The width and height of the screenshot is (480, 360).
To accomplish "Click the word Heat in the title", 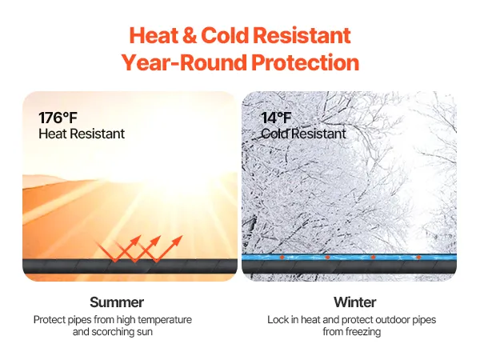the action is (x=154, y=35).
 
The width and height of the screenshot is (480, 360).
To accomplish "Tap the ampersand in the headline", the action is (x=190, y=35).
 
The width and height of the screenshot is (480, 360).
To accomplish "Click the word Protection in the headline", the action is (x=305, y=62).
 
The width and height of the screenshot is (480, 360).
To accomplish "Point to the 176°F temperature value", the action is (x=58, y=118).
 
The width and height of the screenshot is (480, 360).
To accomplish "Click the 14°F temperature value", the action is (x=276, y=118).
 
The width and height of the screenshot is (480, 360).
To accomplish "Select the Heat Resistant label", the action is (x=82, y=134).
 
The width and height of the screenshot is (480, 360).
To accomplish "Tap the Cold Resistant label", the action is (x=303, y=134).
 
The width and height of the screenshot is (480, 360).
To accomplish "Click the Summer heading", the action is (x=117, y=302).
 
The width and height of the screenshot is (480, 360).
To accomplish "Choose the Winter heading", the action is (x=354, y=302).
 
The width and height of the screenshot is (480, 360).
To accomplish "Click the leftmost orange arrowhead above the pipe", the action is (x=136, y=239).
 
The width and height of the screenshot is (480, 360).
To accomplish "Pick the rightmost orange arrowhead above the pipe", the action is (x=178, y=240).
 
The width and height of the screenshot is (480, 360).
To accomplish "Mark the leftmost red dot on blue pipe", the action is (x=282, y=257).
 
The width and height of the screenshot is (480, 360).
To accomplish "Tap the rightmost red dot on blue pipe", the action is (x=418, y=257).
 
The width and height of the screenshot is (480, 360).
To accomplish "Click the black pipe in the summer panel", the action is (x=130, y=266).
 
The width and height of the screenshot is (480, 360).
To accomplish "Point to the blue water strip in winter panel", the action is (x=349, y=257).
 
